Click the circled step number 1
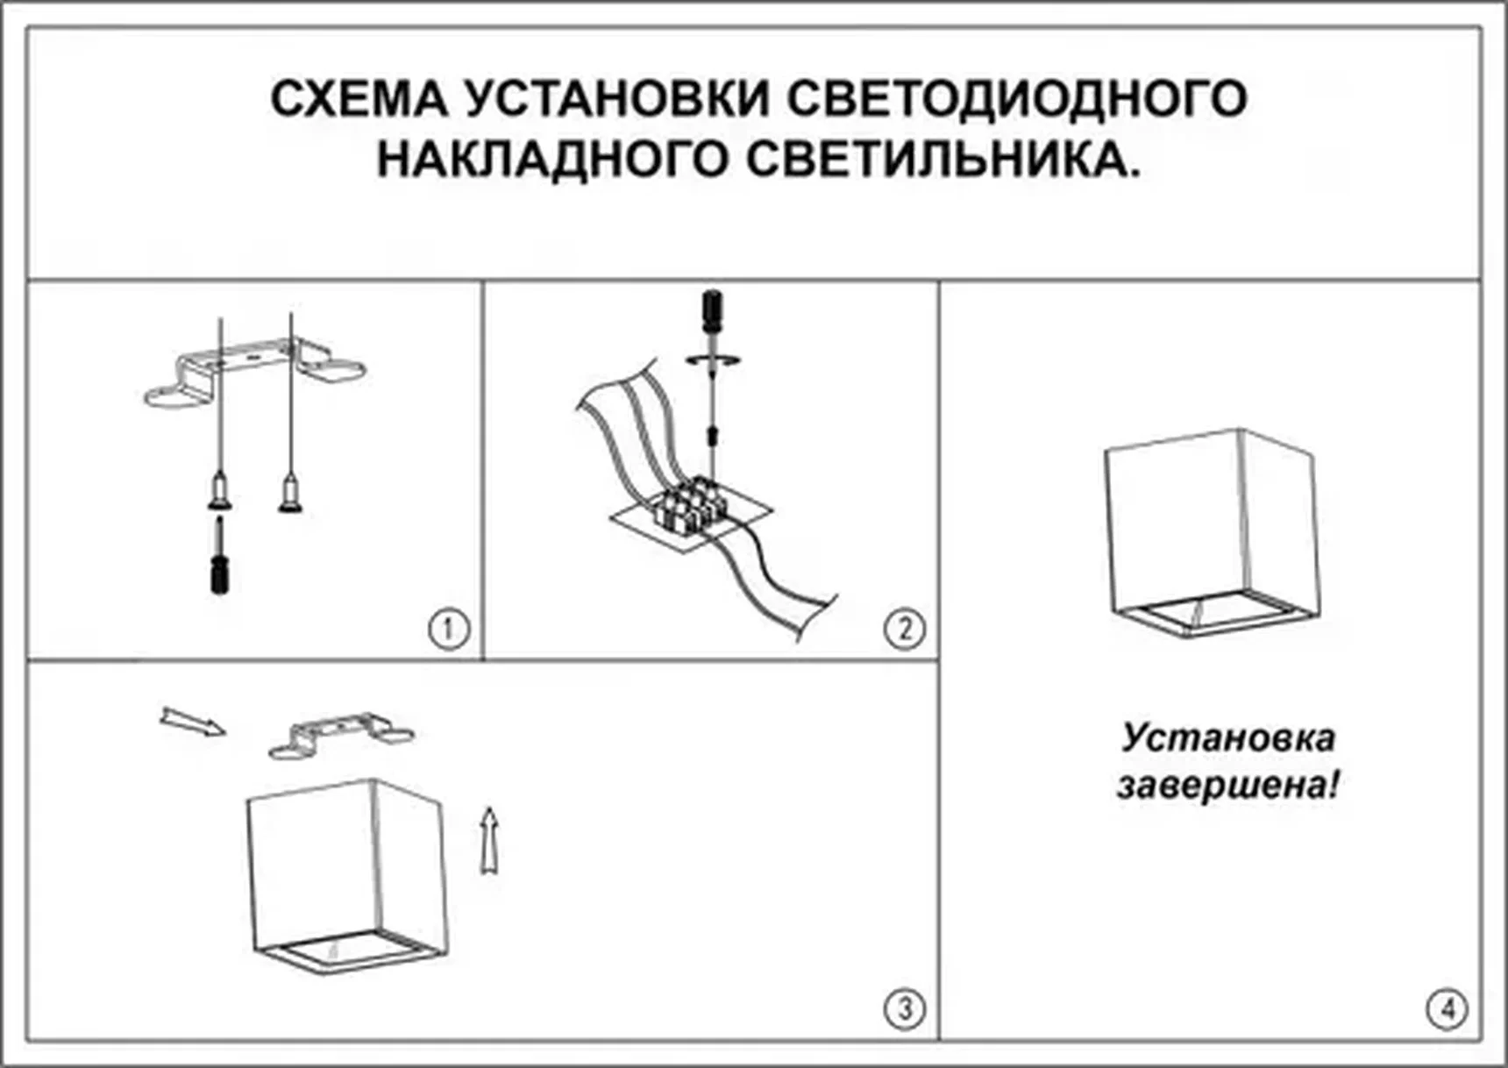(x=449, y=629)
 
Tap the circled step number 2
(x=904, y=629)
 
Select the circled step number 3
(x=904, y=1008)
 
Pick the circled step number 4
(x=1446, y=1008)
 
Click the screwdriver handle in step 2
(x=713, y=311)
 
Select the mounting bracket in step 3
(x=340, y=735)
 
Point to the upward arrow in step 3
(x=490, y=840)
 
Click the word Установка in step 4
(x=1227, y=737)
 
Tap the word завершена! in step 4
(x=1227, y=785)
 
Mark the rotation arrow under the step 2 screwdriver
(x=714, y=360)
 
